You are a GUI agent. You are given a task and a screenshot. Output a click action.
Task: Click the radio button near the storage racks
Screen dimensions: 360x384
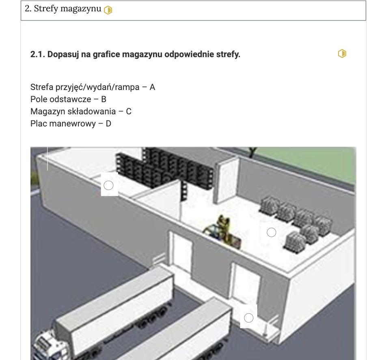click(x=109, y=185)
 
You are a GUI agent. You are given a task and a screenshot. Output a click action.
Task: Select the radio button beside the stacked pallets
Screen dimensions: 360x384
click(x=272, y=232)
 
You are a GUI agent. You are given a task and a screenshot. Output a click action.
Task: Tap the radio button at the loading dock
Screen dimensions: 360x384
click(x=249, y=318)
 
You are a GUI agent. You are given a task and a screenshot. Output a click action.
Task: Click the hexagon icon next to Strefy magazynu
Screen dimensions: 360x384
click(x=108, y=10)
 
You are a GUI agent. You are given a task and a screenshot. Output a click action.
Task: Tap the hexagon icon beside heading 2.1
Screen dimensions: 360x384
click(x=342, y=54)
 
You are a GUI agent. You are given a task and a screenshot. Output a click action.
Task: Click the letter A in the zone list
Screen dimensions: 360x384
click(x=152, y=87)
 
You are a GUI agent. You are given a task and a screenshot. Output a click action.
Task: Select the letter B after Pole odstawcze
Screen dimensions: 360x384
click(x=104, y=99)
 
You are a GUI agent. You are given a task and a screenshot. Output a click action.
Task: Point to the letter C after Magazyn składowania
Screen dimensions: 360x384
click(x=129, y=111)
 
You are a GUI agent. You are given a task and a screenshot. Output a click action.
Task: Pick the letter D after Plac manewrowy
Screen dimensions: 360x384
click(x=108, y=124)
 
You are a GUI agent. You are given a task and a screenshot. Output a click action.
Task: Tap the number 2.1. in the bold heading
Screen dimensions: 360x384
click(x=38, y=54)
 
